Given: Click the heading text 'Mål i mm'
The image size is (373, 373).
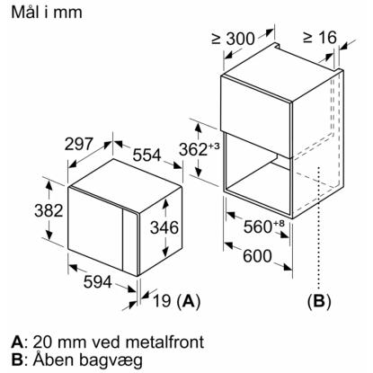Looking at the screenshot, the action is [47, 13].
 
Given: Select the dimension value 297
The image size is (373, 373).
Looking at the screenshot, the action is [79, 144].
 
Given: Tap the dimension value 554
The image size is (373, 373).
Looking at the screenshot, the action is [147, 155].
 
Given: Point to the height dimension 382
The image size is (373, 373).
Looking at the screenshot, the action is [49, 210].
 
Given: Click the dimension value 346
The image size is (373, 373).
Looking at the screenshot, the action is [164, 227].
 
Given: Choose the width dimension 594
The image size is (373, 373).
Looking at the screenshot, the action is [98, 282].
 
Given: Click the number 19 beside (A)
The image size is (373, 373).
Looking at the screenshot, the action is [162, 300].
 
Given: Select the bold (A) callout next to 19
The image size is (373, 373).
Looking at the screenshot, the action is [188, 301].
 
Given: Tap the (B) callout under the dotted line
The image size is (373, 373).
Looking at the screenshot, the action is [319, 301].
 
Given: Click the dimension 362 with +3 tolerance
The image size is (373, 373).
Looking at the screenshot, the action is [200, 149].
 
